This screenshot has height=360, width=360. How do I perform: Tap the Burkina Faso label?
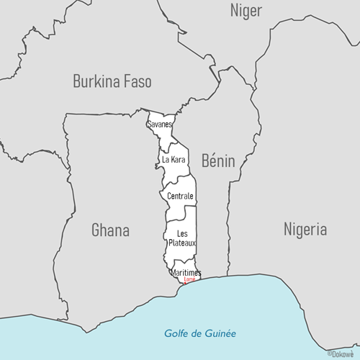point(112,81)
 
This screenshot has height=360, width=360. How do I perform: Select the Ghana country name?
point(110,230)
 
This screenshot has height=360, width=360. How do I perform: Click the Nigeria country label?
point(305,230)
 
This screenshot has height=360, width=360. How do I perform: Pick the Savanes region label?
point(159,125)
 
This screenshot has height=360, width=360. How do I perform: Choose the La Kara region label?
point(174,159)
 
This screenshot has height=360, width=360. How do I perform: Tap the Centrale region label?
point(180,196)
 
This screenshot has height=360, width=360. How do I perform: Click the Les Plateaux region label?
point(181,238)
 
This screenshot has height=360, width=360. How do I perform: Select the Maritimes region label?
point(186,273)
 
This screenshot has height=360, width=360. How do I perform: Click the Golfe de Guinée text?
point(199,333)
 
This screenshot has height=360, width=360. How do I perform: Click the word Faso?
point(137,81)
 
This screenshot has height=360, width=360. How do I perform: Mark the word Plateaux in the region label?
point(181,243)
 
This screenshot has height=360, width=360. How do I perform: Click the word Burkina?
point(97,81)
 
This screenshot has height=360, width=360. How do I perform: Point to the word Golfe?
point(176,333)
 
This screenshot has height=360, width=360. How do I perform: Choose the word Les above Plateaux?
point(182,233)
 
